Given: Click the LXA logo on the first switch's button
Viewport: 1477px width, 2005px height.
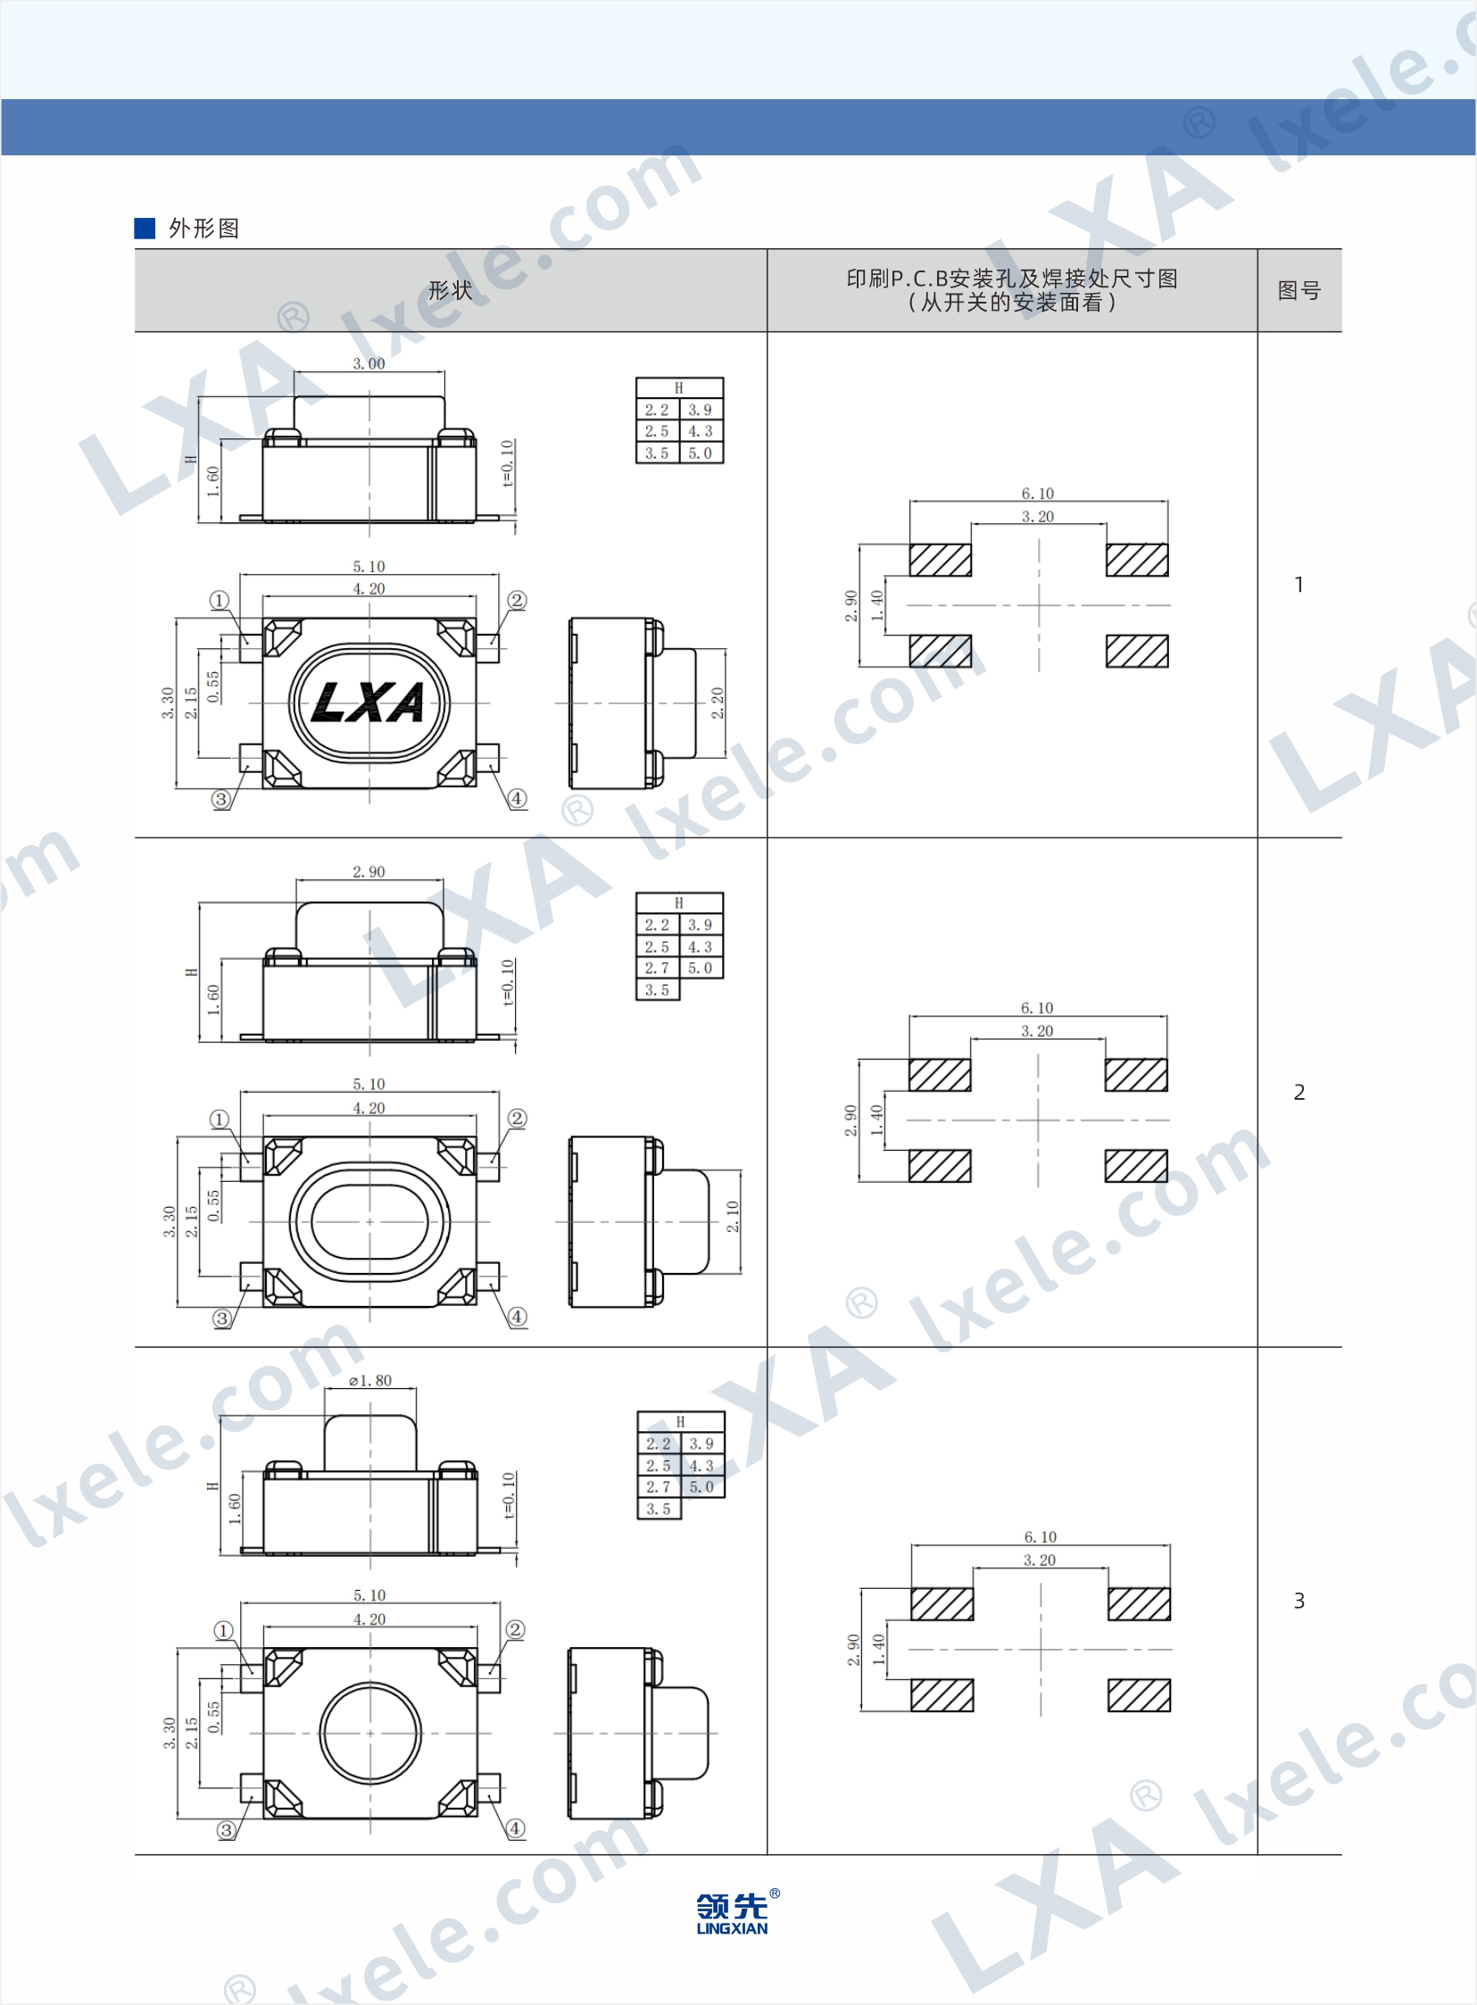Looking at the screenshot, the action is pos(369,702).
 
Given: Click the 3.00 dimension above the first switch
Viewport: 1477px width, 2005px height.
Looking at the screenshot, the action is pos(369,364).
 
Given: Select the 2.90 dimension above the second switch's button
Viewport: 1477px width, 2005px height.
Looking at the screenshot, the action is pos(369,872).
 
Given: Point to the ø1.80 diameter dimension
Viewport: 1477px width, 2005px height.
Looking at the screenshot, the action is pos(370,1381).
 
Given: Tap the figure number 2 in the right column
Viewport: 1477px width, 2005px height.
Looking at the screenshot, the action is pos(1299,1092).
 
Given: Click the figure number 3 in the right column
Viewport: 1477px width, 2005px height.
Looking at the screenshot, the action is pos(1299,1601).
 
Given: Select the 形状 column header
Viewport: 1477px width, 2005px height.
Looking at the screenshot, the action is pos(450,291).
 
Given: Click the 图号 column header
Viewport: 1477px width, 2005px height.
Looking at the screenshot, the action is pos(1299,291).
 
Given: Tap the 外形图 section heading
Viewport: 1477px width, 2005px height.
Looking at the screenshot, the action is pos(203,228).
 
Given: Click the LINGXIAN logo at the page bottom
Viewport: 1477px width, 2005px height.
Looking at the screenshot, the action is pos(732,1913).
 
